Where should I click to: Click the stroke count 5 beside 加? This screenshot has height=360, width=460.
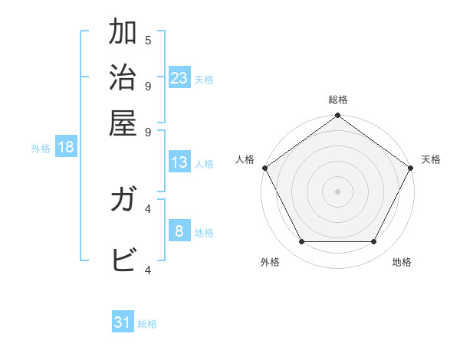point(148,41)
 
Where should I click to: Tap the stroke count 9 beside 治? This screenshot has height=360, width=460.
point(148,85)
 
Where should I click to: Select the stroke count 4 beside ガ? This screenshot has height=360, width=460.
point(148,208)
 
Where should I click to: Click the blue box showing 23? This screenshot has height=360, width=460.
point(179,77)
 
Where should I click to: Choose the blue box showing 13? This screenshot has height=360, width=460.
point(179,162)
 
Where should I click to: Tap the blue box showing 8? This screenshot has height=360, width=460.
point(179,231)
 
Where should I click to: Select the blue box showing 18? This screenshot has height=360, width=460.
point(65,147)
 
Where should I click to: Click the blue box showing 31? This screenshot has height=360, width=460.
point(123,322)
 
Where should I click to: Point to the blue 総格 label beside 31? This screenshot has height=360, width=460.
point(147,324)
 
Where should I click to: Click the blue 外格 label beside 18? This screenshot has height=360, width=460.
point(41,149)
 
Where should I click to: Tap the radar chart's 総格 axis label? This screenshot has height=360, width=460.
point(337,100)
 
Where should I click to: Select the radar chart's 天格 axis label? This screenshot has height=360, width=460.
point(431,159)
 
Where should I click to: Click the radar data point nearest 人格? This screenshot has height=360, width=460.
point(264,168)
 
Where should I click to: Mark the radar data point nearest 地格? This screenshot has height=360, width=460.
point(374,242)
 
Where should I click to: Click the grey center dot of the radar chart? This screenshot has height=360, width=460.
point(337,191)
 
